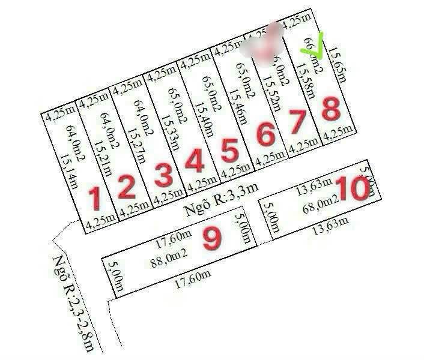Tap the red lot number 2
point(126,187)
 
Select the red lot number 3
point(163,175)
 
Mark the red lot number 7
point(298,122)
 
